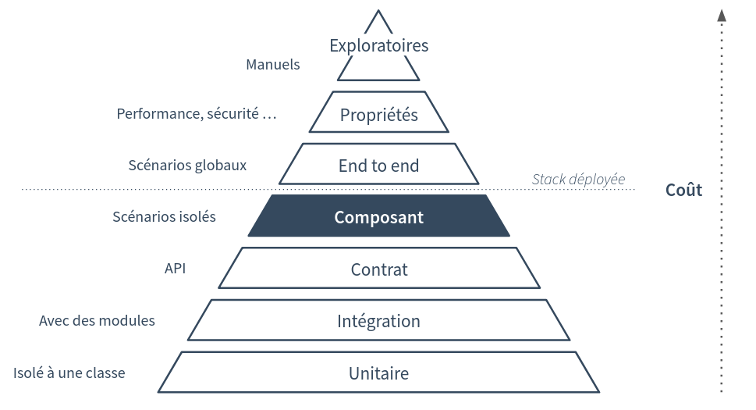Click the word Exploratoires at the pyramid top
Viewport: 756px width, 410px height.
tap(378, 45)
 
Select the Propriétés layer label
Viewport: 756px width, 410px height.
tap(378, 115)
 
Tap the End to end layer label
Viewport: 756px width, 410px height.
tap(378, 166)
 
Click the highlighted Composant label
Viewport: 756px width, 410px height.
tap(378, 217)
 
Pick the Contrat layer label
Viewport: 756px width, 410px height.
tap(378, 269)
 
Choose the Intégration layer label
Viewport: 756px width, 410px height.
tap(378, 321)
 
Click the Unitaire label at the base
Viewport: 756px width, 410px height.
tap(378, 373)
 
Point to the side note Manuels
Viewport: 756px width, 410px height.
tap(272, 65)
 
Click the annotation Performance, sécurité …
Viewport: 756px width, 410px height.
tap(197, 114)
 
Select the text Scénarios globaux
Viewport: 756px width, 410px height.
tap(187, 166)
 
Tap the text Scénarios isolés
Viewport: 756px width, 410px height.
tap(164, 217)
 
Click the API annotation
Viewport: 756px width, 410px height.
tap(175, 269)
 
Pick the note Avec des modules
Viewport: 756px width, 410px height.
tap(97, 321)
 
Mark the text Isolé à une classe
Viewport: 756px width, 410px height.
tap(69, 373)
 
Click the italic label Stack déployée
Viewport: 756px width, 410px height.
tap(578, 179)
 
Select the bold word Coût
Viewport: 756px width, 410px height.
tap(683, 190)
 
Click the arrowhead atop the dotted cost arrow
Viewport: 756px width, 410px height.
tap(722, 15)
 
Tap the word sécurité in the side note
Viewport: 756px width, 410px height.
tap(232, 114)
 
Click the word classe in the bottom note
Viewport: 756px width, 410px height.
tap(105, 373)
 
